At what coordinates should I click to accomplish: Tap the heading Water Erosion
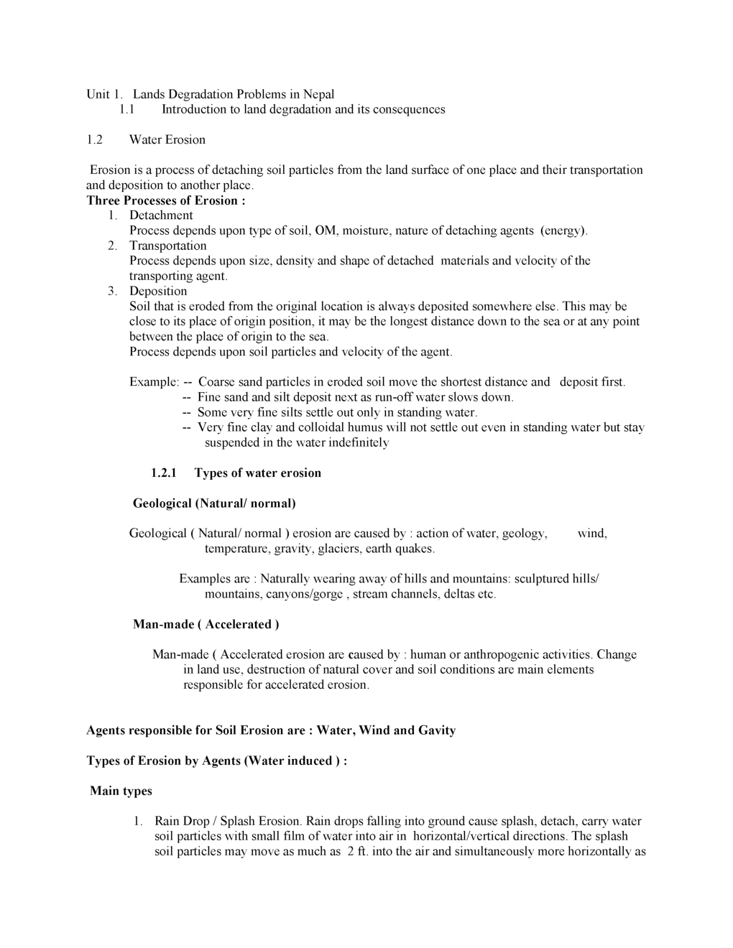167,139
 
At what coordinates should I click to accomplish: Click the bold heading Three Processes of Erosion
166,200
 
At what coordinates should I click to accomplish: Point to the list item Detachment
161,215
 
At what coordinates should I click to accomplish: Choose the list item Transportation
167,246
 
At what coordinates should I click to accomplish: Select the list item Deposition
158,291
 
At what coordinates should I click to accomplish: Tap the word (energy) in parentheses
564,231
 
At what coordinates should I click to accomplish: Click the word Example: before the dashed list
154,382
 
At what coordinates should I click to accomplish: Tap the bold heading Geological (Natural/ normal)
214,503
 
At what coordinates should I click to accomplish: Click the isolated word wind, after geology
592,533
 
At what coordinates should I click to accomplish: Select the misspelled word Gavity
436,730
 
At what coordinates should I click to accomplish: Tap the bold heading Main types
121,791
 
